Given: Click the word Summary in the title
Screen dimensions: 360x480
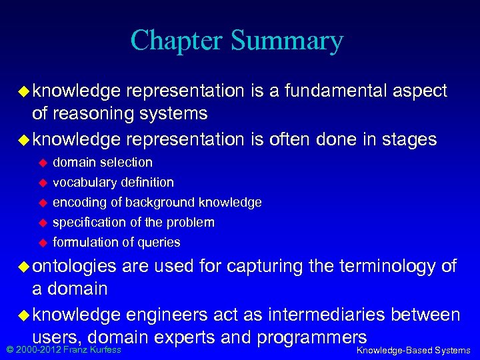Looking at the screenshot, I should (287, 41).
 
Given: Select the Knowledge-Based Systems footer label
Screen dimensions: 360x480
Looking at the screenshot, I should (413, 351).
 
